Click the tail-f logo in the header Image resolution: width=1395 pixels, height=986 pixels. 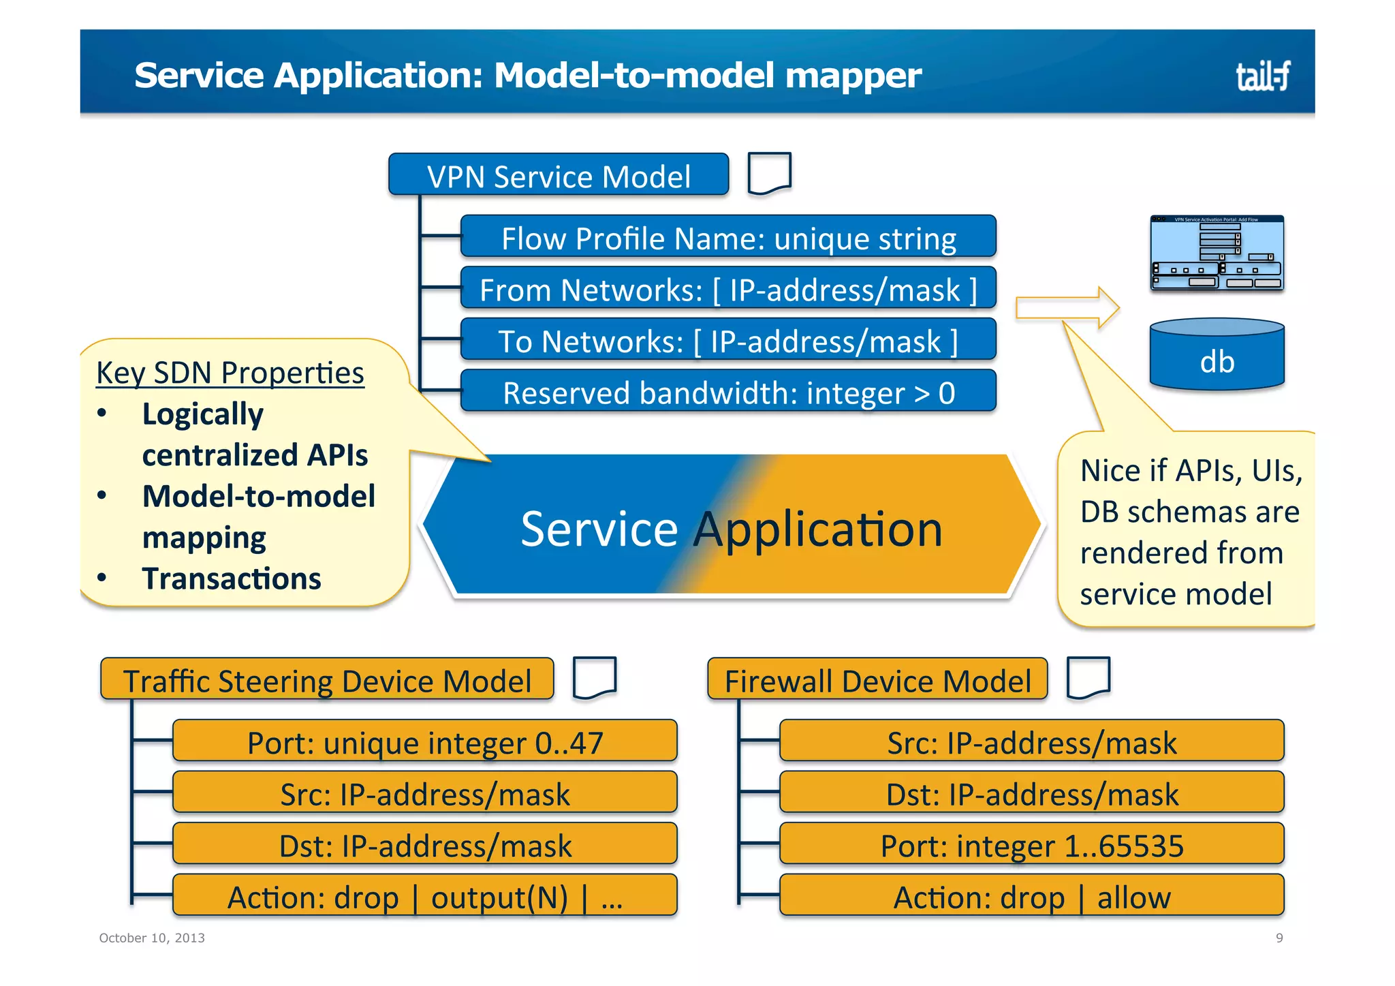(x=1262, y=75)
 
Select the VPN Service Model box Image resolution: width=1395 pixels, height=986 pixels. (x=558, y=176)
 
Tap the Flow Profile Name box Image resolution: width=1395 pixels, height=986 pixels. (x=728, y=237)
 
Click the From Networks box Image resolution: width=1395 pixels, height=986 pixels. (x=728, y=289)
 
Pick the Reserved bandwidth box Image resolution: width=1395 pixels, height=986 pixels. (x=728, y=392)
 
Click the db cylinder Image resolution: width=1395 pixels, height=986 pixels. (x=1217, y=356)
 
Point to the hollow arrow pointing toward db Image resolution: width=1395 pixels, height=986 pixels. (x=1067, y=308)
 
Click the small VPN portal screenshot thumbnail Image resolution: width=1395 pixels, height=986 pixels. (x=1217, y=253)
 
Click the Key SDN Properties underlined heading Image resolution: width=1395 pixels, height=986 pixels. (x=230, y=373)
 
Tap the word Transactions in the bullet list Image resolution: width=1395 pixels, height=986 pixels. (x=232, y=579)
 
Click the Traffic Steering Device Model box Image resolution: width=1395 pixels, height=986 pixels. (x=327, y=679)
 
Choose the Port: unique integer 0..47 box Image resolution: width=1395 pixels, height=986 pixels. (x=424, y=741)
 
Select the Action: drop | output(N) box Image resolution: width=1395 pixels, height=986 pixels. (x=424, y=896)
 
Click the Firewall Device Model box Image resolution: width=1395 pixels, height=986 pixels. (x=877, y=679)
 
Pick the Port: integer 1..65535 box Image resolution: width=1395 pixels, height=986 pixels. (x=1031, y=844)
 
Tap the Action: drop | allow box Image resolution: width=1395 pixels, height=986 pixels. (x=1031, y=896)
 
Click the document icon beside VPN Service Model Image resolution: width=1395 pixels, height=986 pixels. (x=769, y=173)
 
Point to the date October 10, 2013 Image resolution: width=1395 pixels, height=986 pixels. (x=152, y=938)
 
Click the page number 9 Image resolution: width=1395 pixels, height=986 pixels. (x=1279, y=938)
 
